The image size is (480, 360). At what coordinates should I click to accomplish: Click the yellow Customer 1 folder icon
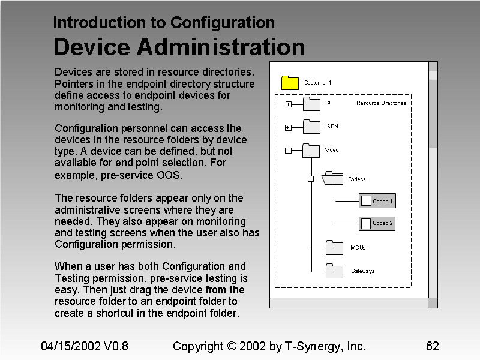pyautogui.click(x=290, y=83)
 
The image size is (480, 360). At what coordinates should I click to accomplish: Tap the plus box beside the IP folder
pyautogui.click(x=288, y=104)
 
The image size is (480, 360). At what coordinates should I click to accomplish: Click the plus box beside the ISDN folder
pyautogui.click(x=288, y=127)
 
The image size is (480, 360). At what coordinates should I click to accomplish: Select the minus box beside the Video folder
pyautogui.click(x=288, y=151)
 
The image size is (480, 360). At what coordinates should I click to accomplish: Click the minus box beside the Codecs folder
pyautogui.click(x=311, y=179)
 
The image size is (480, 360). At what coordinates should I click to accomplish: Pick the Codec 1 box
pyautogui.click(x=377, y=201)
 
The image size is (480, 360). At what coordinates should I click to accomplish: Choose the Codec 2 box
pyautogui.click(x=377, y=223)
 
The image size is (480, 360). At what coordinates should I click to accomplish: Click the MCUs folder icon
pyautogui.click(x=334, y=247)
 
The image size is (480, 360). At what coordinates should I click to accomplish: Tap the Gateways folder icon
pyautogui.click(x=334, y=271)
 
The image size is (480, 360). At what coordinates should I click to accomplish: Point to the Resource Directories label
pyautogui.click(x=381, y=103)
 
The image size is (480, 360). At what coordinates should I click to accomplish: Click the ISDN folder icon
pyautogui.click(x=311, y=127)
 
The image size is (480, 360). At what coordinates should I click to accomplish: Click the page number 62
pyautogui.click(x=432, y=346)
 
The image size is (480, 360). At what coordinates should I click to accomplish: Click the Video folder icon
pyautogui.click(x=311, y=150)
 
